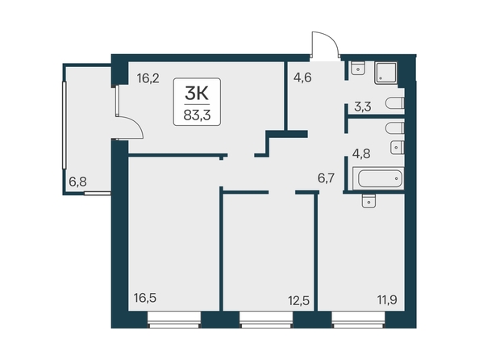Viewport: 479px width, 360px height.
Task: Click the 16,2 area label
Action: point(148,78)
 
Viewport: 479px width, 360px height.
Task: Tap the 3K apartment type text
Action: point(197,94)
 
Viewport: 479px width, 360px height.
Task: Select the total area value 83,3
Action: point(197,115)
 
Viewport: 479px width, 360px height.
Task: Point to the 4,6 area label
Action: point(302,77)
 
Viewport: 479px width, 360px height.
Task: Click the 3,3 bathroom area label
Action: point(363,107)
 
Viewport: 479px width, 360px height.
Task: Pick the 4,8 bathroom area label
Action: point(361,153)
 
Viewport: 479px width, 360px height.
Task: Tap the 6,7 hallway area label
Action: point(327,178)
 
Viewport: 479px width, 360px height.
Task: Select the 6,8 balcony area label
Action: point(78,182)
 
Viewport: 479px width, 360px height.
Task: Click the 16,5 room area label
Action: point(145,298)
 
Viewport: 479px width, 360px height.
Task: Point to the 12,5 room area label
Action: point(298,300)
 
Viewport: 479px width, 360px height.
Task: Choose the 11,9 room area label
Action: point(387,300)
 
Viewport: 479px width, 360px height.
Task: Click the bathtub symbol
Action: point(378,178)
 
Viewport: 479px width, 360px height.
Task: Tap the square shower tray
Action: point(385,73)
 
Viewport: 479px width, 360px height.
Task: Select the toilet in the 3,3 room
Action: point(395,103)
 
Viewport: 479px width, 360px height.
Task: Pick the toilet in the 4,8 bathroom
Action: point(395,128)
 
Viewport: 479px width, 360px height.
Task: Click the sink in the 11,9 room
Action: point(369,201)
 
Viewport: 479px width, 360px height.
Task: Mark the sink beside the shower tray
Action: point(358,68)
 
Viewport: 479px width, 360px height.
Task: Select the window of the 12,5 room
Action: point(266,320)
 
